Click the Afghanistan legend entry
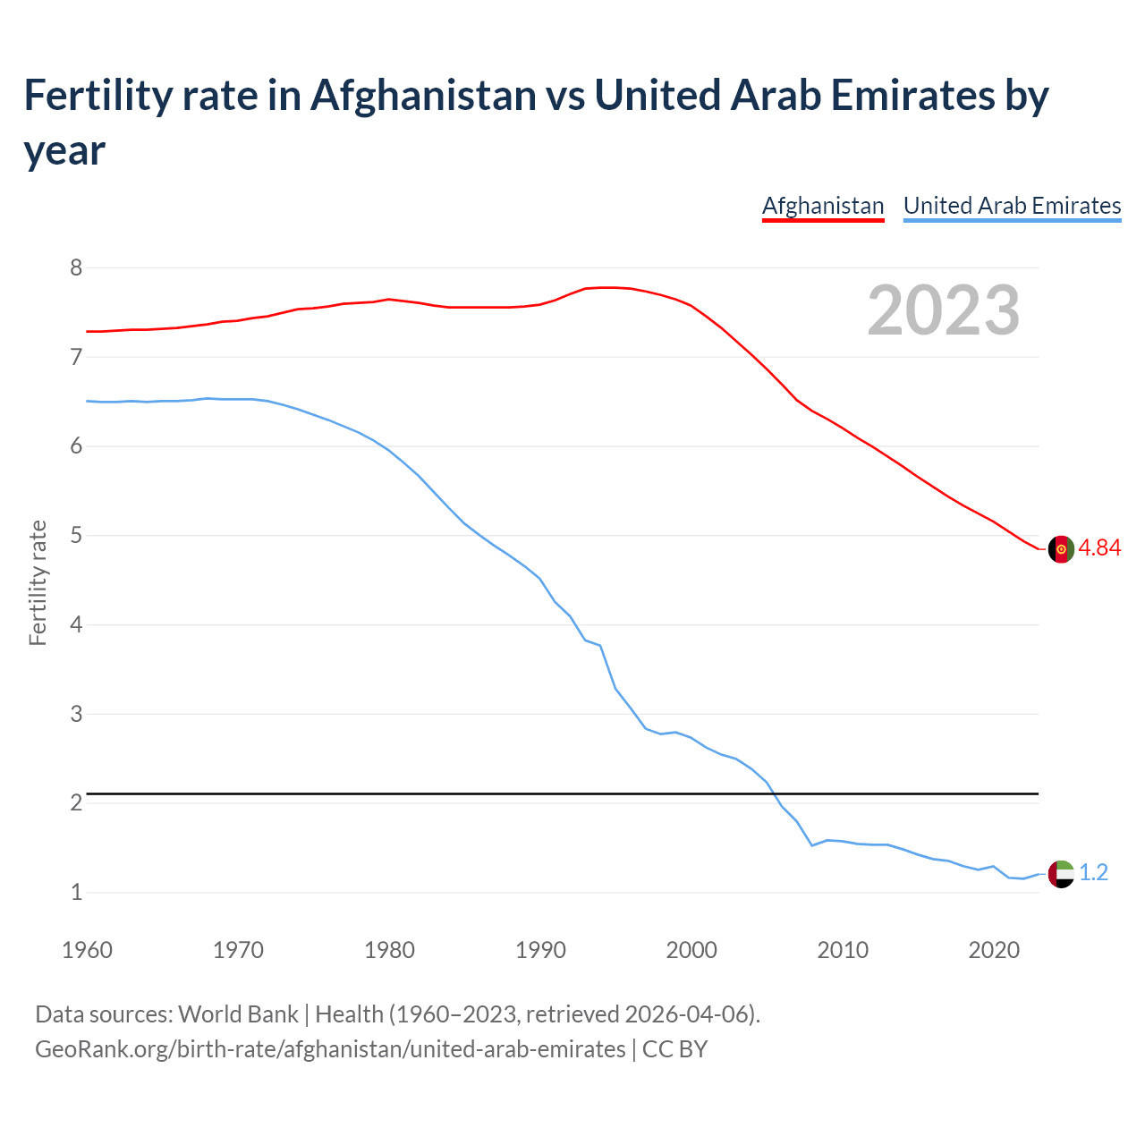[822, 206]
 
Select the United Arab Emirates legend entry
[1012, 206]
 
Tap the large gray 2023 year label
[944, 310]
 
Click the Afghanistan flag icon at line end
[1061, 549]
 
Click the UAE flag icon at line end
[1061, 873]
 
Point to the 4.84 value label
[1099, 548]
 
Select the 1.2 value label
[1093, 873]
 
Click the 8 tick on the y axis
[76, 267]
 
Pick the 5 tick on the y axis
[76, 536]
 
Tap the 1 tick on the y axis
[76, 892]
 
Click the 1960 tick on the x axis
[87, 950]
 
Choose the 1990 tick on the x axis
[540, 950]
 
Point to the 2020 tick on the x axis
[994, 950]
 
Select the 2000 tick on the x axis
[691, 950]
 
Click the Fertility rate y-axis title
[38, 582]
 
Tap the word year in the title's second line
[64, 150]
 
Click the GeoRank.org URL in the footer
[330, 1049]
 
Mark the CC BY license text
[674, 1049]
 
